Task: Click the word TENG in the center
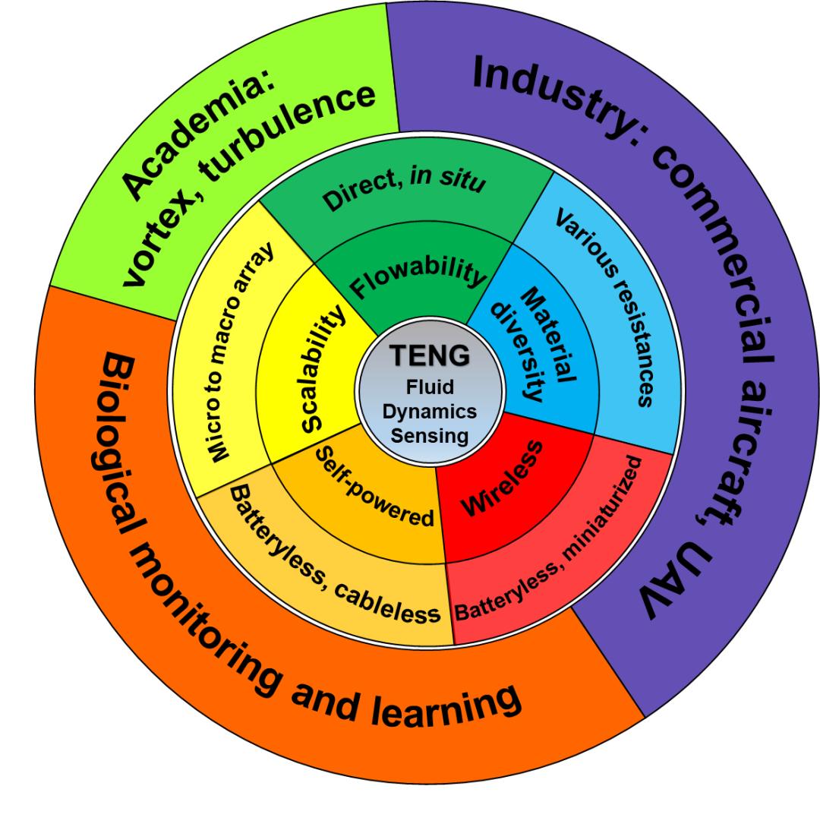coord(429,355)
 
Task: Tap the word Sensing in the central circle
coord(429,436)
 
